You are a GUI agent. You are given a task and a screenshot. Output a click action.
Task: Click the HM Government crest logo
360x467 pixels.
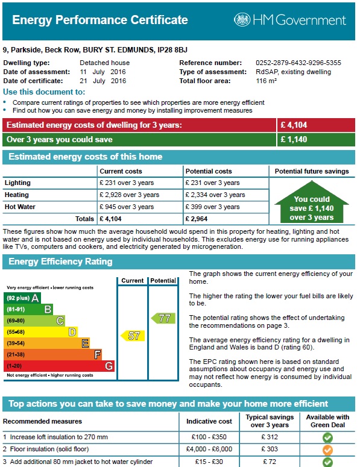(x=242, y=20)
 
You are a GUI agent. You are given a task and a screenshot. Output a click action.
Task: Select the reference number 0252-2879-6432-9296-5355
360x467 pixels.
(x=298, y=63)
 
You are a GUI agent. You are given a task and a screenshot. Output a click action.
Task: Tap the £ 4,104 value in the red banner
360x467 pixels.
(x=294, y=125)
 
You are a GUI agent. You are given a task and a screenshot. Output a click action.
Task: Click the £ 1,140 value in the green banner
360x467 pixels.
(x=294, y=140)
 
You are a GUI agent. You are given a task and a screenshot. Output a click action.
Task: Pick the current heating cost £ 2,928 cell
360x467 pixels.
(x=130, y=195)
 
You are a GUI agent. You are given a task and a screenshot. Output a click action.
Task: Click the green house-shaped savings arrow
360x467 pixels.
(x=312, y=204)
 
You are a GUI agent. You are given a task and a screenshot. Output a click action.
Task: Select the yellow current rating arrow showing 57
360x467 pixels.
(x=132, y=336)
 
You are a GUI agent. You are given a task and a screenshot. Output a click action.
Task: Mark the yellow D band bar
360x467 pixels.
(x=40, y=331)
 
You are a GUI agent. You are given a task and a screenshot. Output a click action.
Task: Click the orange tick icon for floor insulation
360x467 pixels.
(x=327, y=450)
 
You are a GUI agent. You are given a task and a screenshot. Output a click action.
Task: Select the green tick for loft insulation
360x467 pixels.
(x=327, y=437)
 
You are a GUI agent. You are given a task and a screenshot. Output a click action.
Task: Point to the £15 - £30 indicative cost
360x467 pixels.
(x=209, y=462)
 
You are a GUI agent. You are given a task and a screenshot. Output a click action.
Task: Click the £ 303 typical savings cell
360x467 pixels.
(x=270, y=450)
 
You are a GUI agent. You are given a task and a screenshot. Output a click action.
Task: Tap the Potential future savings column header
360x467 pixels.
(x=312, y=171)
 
